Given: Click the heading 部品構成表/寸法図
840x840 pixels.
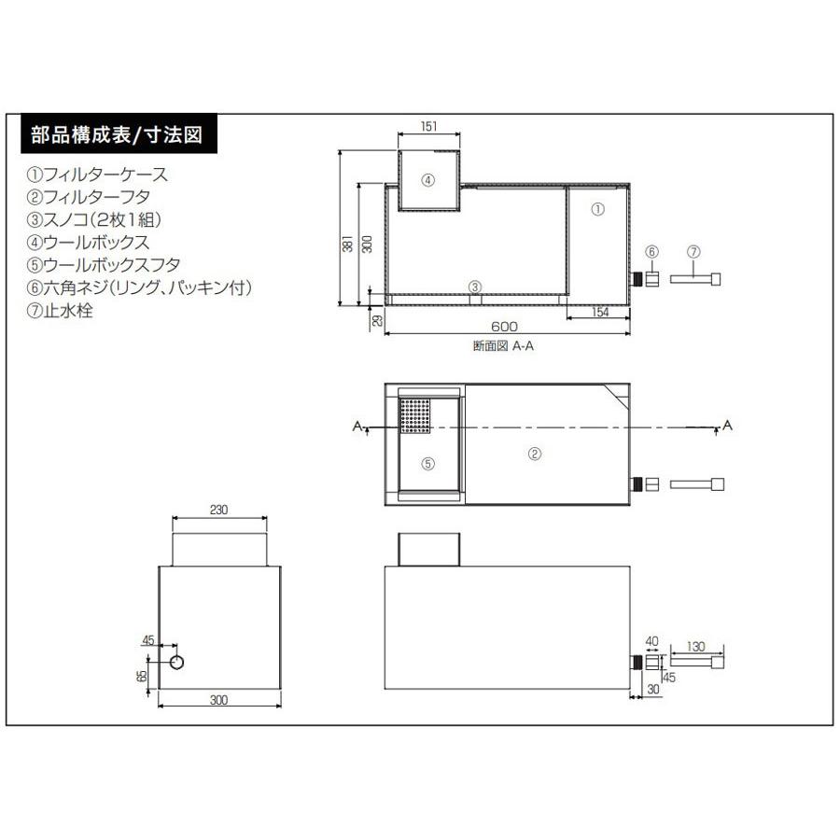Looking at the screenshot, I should [116, 134].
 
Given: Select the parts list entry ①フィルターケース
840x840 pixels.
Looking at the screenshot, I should [99, 175].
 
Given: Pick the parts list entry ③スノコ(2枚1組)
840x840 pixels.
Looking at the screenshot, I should [96, 220].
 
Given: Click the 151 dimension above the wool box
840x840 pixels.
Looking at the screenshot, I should [428, 126].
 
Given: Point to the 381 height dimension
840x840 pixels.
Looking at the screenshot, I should [347, 245].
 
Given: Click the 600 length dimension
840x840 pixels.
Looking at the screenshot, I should [504, 326].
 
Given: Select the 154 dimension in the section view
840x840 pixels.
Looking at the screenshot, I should [599, 312].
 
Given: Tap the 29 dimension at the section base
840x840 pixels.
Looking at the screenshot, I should [376, 320].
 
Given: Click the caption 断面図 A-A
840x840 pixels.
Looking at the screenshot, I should [503, 345].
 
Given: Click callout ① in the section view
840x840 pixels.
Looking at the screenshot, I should [598, 212].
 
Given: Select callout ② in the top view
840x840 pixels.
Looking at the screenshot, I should [535, 455].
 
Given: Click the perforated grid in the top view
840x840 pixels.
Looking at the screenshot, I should [415, 415].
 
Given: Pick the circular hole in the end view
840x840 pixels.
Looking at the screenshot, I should [177, 661].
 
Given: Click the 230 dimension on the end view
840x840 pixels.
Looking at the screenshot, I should [219, 511].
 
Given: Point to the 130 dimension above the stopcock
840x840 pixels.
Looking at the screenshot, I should [695, 645].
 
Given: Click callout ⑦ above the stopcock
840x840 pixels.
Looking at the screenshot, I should [692, 252].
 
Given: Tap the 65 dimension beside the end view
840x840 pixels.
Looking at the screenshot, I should [143, 675].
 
